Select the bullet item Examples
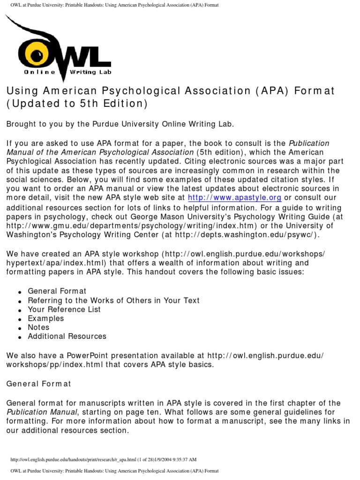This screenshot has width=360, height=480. click(x=45, y=318)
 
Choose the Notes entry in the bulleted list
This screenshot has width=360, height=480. click(x=38, y=327)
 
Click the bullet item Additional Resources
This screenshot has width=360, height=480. click(x=67, y=336)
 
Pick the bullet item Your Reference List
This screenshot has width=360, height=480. click(x=64, y=309)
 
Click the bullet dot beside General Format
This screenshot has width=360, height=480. click(x=20, y=292)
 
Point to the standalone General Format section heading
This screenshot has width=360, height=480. click(x=39, y=383)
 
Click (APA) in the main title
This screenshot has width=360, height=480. click(x=271, y=90)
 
